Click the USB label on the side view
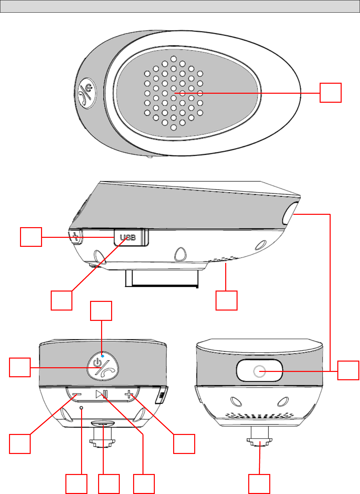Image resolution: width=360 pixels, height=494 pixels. coord(128,237)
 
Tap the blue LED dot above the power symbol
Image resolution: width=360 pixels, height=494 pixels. coord(102,356)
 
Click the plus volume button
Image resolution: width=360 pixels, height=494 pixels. coord(129,395)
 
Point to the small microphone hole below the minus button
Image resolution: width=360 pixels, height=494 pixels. coord(81,408)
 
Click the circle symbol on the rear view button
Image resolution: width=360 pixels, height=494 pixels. coord(259,371)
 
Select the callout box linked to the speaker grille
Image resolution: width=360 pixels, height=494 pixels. coord(330,93)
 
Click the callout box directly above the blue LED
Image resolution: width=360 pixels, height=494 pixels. coord(101,311)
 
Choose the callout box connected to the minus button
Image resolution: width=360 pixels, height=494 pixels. coord(20,444)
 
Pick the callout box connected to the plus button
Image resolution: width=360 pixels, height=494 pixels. coord(184,444)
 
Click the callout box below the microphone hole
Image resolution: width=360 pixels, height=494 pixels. coord(76,484)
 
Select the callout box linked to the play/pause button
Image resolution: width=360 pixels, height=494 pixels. coord(144,484)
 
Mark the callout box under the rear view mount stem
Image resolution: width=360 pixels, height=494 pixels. coord(259,484)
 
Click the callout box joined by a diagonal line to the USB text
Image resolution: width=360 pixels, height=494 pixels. coord(61,301)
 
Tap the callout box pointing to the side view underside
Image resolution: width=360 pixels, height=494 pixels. coord(226,301)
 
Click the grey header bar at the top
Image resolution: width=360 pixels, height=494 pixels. coord(180,6)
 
